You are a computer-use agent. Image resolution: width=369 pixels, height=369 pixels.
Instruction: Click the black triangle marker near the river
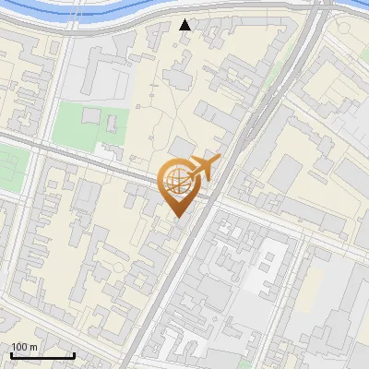click(x=185, y=25)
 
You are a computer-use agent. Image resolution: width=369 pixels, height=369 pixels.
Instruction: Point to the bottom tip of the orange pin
click(x=176, y=216)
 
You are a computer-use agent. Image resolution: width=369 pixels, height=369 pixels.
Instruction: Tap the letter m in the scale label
click(x=34, y=347)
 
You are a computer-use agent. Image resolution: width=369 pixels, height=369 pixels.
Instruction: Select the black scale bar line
click(x=42, y=355)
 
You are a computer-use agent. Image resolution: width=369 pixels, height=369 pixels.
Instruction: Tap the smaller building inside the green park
click(x=90, y=116)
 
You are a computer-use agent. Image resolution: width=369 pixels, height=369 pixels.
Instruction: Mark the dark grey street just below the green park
click(x=83, y=153)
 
